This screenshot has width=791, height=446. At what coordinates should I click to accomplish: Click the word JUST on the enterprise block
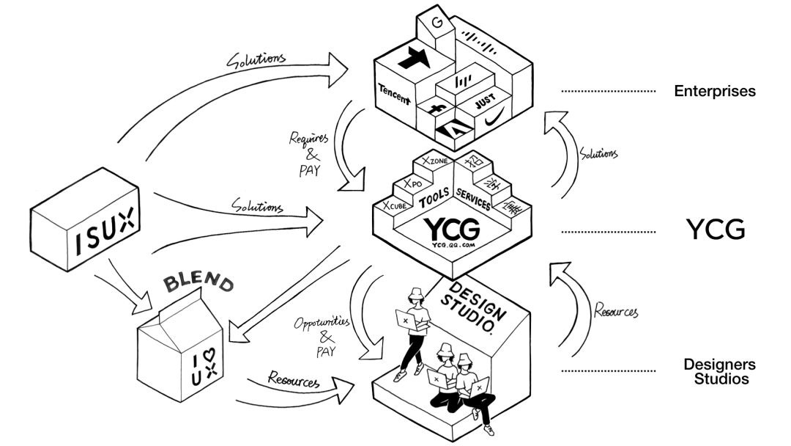(489, 100)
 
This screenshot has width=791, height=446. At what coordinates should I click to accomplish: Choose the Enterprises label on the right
(714, 92)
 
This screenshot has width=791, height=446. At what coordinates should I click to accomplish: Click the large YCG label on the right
(716, 230)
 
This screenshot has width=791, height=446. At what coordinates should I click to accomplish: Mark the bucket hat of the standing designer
(420, 292)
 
